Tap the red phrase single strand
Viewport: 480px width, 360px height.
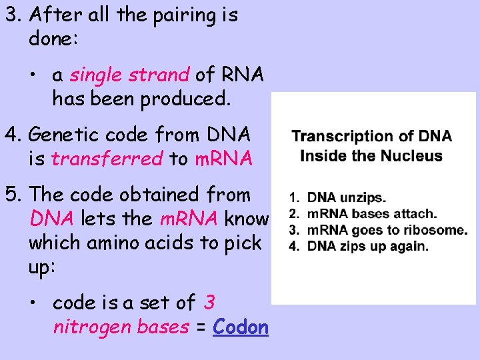coord(130,76)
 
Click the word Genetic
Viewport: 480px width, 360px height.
coord(68,135)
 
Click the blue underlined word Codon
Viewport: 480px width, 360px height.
coord(241,327)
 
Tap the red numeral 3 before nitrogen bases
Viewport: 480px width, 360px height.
coord(209,303)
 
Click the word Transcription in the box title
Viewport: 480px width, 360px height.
coord(342,137)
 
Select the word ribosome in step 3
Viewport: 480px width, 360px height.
coord(435,230)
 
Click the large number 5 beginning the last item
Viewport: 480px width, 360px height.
coord(11,195)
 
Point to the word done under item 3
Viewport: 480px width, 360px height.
coord(53,39)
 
